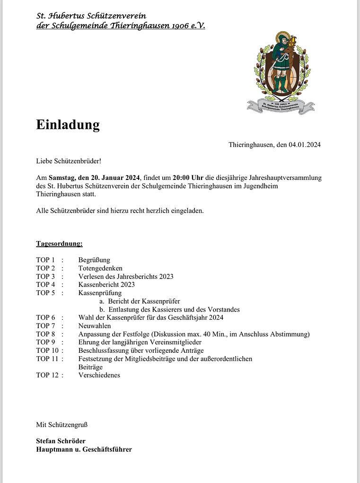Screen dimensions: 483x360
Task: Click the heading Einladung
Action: pyautogui.click(x=68, y=125)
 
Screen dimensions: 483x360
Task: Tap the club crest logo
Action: pyautogui.click(x=281, y=72)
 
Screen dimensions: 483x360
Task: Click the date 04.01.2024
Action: pyautogui.click(x=305, y=145)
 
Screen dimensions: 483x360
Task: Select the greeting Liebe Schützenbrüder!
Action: pyautogui.click(x=69, y=161)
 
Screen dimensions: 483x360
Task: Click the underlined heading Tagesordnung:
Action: pyautogui.click(x=59, y=243)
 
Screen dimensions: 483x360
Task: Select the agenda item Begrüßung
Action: pyautogui.click(x=94, y=260)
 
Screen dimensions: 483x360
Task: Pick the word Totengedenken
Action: pyautogui.click(x=100, y=268)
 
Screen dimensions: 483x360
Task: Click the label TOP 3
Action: pyautogui.click(x=45, y=277)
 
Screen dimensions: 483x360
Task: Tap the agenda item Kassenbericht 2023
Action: pyautogui.click(x=106, y=285)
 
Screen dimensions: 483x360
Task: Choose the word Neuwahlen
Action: pyautogui.click(x=95, y=326)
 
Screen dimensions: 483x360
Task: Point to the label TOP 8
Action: pyautogui.click(x=45, y=334)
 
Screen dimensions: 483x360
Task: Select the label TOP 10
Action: pyautogui.click(x=47, y=350)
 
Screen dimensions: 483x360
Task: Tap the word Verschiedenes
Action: pyautogui.click(x=99, y=375)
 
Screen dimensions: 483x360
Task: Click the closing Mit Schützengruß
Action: pyautogui.click(x=62, y=425)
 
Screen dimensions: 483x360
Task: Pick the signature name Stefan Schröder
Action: pyautogui.click(x=61, y=441)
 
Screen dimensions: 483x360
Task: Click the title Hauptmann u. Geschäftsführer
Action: pyautogui.click(x=84, y=449)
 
